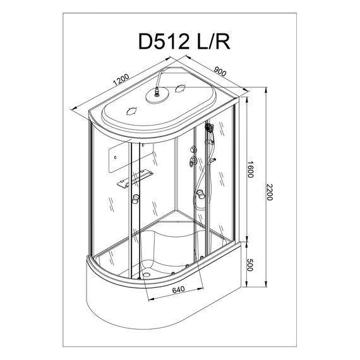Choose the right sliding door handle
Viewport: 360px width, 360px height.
pos(201,198)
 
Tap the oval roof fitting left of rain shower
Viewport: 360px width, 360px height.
pos(133,111)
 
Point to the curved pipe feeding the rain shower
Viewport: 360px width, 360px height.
pos(162,79)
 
